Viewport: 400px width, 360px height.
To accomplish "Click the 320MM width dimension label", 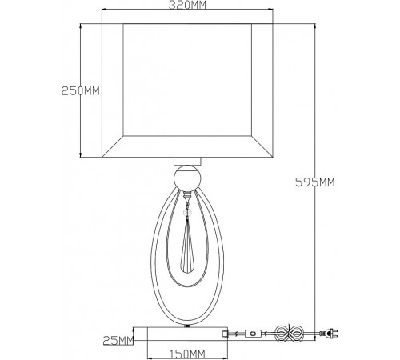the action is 187,5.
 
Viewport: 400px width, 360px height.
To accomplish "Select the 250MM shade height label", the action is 81,91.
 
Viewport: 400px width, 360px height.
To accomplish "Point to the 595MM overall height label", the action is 315,182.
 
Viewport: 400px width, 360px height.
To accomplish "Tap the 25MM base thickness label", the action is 118,340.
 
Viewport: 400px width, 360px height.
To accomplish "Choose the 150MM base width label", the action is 187,354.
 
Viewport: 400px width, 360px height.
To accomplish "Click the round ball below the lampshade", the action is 187,178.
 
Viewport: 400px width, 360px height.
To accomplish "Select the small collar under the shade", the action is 187,162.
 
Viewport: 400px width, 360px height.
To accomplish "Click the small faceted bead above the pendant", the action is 187,213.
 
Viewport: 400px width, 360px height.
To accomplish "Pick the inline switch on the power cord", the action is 253,334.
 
